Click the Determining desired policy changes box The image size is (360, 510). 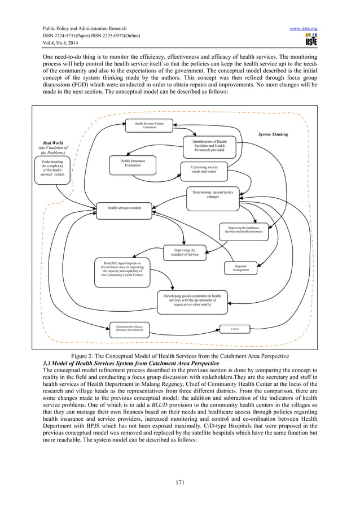213,194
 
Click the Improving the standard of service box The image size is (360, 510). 185,252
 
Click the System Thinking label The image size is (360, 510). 273,135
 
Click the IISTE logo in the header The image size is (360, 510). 310,40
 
